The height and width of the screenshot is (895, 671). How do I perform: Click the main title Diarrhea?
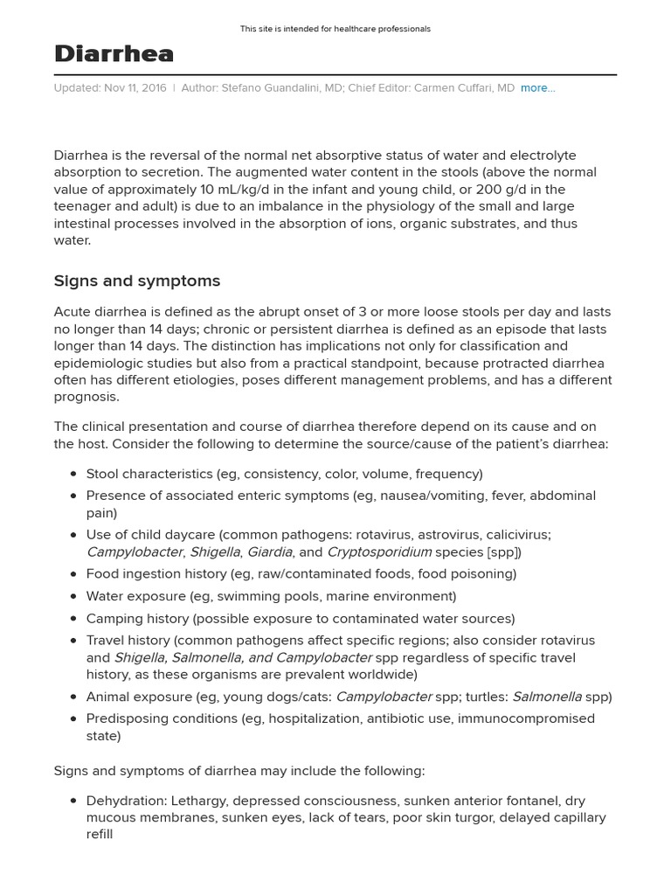(x=114, y=54)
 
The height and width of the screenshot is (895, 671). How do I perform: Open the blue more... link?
(x=537, y=88)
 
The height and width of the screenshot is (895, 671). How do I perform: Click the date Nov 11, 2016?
(x=135, y=88)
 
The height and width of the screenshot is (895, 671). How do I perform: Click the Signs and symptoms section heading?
(x=137, y=281)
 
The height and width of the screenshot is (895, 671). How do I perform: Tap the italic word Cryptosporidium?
(x=379, y=552)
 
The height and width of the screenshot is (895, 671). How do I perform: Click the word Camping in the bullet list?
(x=112, y=618)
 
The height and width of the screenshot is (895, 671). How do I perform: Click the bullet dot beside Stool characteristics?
(x=73, y=475)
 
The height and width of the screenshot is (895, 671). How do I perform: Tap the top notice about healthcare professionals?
(x=335, y=29)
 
